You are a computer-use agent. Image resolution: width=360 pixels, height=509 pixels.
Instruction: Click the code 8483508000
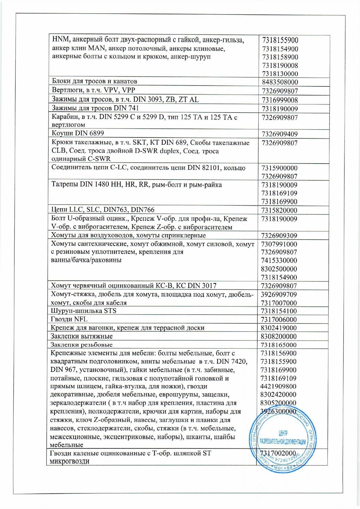click(280, 82)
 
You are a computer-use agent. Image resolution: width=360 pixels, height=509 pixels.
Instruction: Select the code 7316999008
click(280, 100)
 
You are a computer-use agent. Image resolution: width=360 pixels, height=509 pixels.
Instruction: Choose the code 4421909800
click(279, 386)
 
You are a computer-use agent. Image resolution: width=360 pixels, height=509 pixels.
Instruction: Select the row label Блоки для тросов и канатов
click(94, 81)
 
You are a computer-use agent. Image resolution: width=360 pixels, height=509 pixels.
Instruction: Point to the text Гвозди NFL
click(69, 319)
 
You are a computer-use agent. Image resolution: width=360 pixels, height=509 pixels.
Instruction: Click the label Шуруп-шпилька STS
click(83, 311)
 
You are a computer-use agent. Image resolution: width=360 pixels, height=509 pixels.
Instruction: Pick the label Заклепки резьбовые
click(81, 345)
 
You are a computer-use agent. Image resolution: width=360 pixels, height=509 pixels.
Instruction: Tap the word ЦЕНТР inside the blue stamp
click(283, 433)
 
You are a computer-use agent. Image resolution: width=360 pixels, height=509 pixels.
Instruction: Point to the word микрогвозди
click(69, 461)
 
